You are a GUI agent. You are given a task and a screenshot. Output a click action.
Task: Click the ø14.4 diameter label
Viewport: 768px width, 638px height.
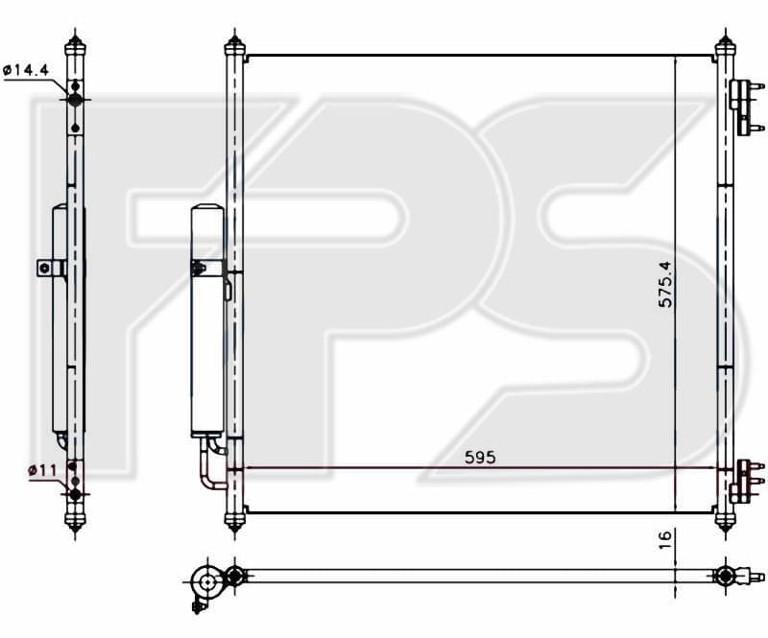(x=26, y=70)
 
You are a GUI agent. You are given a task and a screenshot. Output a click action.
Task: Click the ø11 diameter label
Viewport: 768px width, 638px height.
(x=42, y=470)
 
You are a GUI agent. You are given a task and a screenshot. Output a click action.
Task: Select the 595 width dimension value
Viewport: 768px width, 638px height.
(x=480, y=458)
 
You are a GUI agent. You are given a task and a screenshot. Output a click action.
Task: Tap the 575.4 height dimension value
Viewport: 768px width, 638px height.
(x=665, y=284)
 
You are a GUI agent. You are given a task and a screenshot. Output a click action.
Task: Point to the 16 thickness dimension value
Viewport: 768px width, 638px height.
(x=664, y=539)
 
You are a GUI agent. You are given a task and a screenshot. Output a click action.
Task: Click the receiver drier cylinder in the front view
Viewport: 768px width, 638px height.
(x=207, y=320)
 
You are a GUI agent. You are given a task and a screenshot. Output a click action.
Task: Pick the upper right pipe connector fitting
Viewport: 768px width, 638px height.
(x=746, y=106)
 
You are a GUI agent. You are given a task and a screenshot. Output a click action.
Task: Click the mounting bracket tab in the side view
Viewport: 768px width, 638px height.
(x=51, y=268)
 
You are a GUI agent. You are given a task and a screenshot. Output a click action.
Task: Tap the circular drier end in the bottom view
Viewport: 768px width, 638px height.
(x=207, y=582)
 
